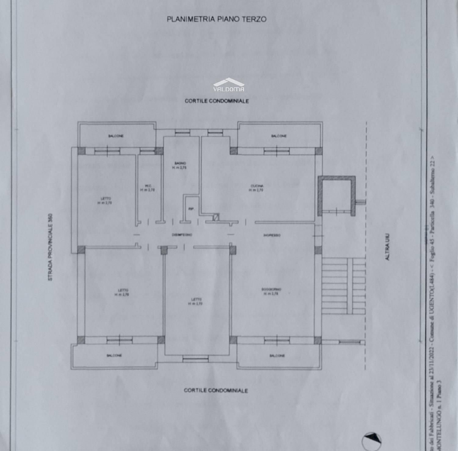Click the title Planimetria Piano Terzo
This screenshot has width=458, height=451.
coord(216,19)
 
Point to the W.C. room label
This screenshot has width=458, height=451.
coord(148,188)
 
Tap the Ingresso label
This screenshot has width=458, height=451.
coord(272,235)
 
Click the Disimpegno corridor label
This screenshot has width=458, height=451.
coord(182,235)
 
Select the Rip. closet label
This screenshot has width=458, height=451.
coord(191,209)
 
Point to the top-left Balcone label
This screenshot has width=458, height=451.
coord(116,136)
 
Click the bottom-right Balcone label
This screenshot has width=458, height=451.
coord(277,355)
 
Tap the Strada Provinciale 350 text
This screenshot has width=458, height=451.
coord(50,247)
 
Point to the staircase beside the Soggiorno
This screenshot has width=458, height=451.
coord(343,286)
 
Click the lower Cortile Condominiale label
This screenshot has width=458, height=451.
coord(216,390)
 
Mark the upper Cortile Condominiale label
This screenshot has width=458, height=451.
coord(216,101)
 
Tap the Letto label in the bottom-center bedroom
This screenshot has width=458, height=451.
coord(196,301)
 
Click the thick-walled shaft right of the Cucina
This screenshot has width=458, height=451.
coord(337,195)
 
